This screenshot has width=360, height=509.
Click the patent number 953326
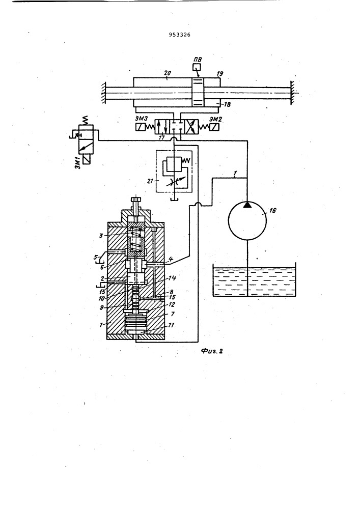click(x=180, y=35)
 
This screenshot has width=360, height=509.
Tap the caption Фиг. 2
click(x=212, y=351)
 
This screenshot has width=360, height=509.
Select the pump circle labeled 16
click(x=247, y=220)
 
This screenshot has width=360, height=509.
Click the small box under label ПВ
click(x=197, y=67)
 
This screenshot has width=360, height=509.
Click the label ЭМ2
click(x=215, y=119)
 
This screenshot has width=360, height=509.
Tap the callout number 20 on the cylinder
click(x=168, y=73)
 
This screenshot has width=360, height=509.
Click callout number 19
click(x=220, y=73)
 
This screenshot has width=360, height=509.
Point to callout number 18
click(x=227, y=104)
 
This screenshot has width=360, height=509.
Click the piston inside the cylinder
click(x=198, y=92)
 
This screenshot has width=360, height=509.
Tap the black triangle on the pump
click(x=247, y=204)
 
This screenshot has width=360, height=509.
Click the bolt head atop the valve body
click(x=136, y=200)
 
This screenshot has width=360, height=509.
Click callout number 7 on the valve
click(x=173, y=314)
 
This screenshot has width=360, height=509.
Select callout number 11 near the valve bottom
click(x=172, y=325)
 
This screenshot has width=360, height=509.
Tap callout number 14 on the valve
click(x=173, y=278)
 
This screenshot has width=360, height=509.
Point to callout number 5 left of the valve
click(x=95, y=258)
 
